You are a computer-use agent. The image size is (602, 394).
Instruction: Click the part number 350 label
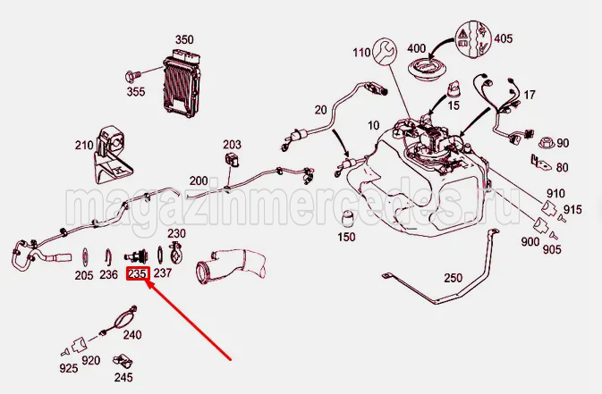coord(183,40)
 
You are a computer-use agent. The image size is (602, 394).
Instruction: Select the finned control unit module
coord(181,81)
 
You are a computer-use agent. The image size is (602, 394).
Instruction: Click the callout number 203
coord(233,144)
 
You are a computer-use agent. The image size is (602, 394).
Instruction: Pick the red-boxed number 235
coord(137,274)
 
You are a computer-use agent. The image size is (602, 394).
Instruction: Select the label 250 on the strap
coord(453,278)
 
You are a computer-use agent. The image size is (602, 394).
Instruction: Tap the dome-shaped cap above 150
coord(346,220)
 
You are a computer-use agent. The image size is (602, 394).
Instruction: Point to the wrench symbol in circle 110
coord(386,52)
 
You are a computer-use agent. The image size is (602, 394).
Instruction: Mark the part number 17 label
coord(530,95)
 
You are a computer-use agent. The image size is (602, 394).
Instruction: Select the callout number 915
coord(572,209)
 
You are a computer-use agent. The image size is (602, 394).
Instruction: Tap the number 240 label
coord(132,336)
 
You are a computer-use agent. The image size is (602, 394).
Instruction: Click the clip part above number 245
coord(121,361)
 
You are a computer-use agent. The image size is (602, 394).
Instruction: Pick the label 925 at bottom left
coord(69,367)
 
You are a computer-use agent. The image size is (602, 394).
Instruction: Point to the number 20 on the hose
coord(319,110)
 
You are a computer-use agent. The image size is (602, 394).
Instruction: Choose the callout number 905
coord(552,249)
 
